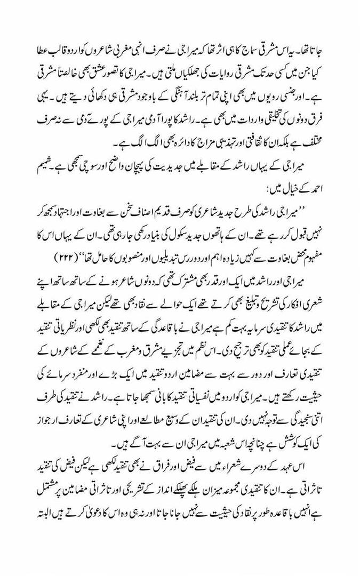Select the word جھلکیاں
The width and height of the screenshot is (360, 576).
click(x=146, y=65)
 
